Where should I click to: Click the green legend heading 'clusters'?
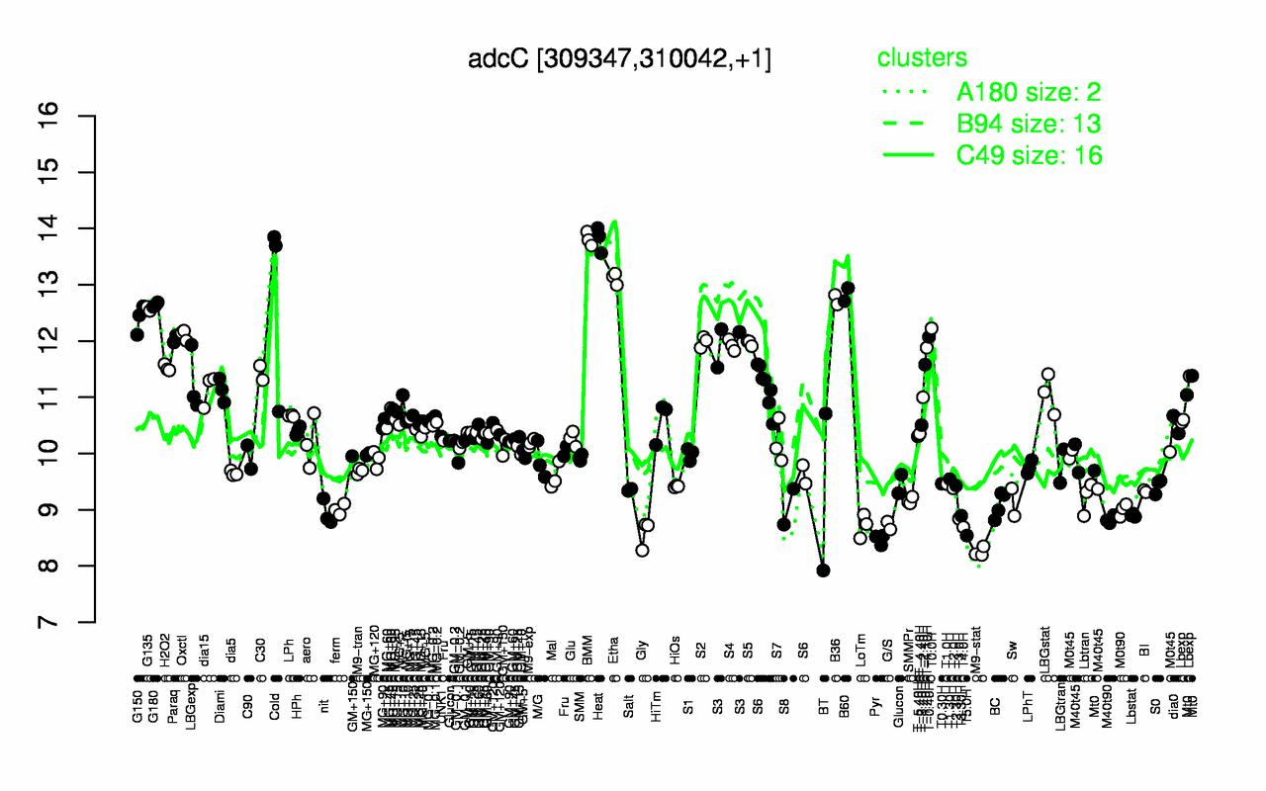(x=922, y=57)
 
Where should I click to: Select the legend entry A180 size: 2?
(x=1028, y=92)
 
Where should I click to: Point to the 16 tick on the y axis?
(x=77, y=116)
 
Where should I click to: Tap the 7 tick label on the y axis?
(x=77, y=622)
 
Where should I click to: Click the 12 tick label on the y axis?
(x=77, y=341)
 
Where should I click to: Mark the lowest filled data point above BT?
(x=824, y=570)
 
